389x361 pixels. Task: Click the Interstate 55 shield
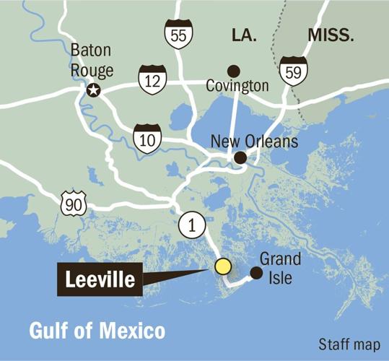tap(178, 34)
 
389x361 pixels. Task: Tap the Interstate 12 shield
tap(154, 79)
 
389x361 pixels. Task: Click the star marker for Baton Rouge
tap(92, 91)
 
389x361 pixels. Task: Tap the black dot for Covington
tap(233, 71)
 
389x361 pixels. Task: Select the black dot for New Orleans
tap(240, 157)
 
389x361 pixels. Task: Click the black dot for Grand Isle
tap(255, 272)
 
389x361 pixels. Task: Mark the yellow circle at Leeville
tap(223, 266)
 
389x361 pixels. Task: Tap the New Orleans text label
tap(253, 142)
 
